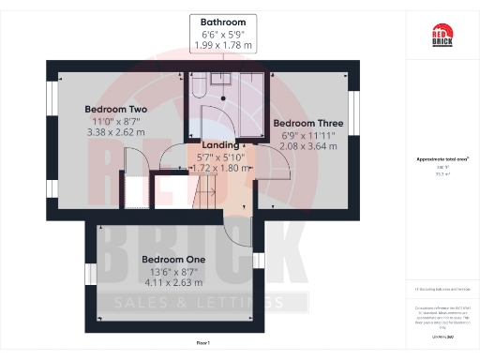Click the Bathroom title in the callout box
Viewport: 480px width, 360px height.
click(222, 22)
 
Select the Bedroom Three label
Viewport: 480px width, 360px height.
click(307, 123)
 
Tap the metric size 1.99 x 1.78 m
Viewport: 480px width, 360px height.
click(222, 45)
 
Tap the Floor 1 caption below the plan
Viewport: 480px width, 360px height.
click(203, 345)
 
